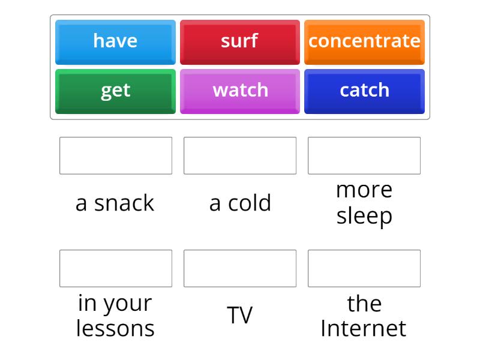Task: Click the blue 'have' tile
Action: pos(115,41)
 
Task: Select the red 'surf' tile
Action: pos(239,41)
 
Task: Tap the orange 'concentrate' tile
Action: pos(364,41)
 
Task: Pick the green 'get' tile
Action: pos(115,91)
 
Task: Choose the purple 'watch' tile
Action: pos(239,91)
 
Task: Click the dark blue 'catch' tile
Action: pos(364,91)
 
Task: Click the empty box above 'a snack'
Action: pos(116,155)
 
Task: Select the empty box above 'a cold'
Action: pos(240,155)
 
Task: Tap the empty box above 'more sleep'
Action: pos(364,155)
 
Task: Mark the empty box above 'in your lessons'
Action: pos(116,268)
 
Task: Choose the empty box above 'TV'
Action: pos(240,268)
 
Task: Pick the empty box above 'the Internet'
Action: pos(364,268)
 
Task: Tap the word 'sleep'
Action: pos(364,216)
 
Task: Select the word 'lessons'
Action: pos(115,329)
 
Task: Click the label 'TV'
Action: pos(240,316)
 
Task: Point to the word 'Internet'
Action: pos(364,329)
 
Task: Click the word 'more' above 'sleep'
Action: pos(364,190)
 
